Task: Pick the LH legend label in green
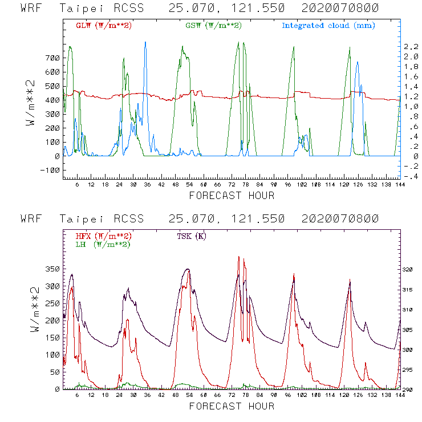point(103,244)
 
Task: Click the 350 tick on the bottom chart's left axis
point(51,269)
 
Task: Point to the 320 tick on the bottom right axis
point(410,269)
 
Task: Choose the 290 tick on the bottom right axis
point(410,390)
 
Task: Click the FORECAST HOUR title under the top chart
point(232,196)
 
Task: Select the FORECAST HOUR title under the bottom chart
point(232,407)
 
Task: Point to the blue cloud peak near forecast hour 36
point(145,43)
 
